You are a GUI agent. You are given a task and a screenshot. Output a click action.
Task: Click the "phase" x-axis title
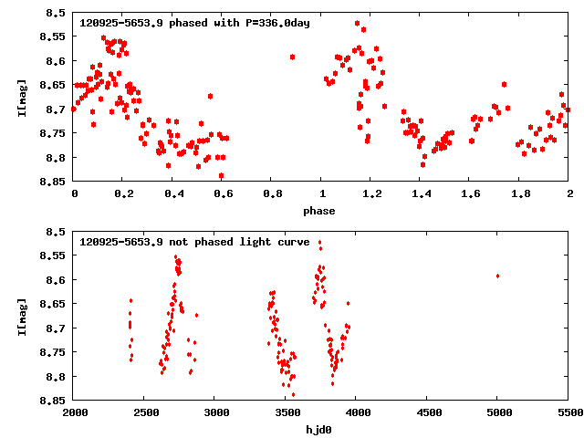319,211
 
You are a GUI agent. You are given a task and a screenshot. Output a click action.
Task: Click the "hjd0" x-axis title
319,430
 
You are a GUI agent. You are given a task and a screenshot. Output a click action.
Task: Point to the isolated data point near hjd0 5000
497,276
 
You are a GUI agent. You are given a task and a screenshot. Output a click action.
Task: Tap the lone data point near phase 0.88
292,57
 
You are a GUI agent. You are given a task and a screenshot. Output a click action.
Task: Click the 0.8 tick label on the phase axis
272,193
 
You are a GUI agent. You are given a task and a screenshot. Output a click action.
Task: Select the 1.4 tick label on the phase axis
421,193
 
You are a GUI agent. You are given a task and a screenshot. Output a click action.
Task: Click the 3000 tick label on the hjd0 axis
215,412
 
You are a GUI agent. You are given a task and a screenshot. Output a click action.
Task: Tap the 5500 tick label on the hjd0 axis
568,412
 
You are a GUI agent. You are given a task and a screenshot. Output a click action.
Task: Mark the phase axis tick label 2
569,193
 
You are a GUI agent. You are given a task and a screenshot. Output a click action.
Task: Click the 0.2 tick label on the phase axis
123,193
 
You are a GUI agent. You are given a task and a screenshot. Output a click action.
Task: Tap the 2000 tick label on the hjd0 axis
74,412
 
